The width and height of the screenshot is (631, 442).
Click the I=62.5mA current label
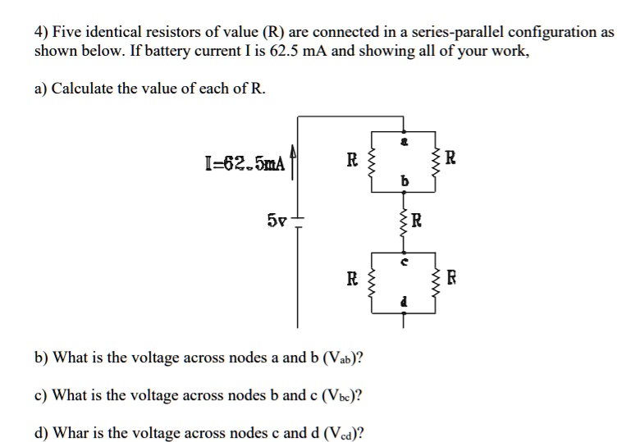click(x=245, y=163)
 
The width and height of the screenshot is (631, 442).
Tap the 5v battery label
click(x=277, y=221)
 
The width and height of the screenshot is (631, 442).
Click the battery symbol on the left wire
click(x=298, y=222)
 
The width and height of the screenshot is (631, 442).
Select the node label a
click(x=405, y=142)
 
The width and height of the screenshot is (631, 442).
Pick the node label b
click(x=405, y=181)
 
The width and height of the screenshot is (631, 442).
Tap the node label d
click(x=405, y=301)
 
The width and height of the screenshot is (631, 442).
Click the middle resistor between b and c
click(x=404, y=222)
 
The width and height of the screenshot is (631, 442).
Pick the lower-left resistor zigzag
click(x=371, y=283)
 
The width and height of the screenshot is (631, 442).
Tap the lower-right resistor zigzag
click(x=436, y=283)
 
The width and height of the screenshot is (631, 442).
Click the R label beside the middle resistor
click(x=417, y=221)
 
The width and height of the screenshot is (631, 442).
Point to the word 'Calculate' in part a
click(x=83, y=88)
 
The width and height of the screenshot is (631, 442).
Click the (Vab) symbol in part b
click(x=343, y=358)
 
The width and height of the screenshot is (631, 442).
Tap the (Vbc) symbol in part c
click(x=342, y=395)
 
